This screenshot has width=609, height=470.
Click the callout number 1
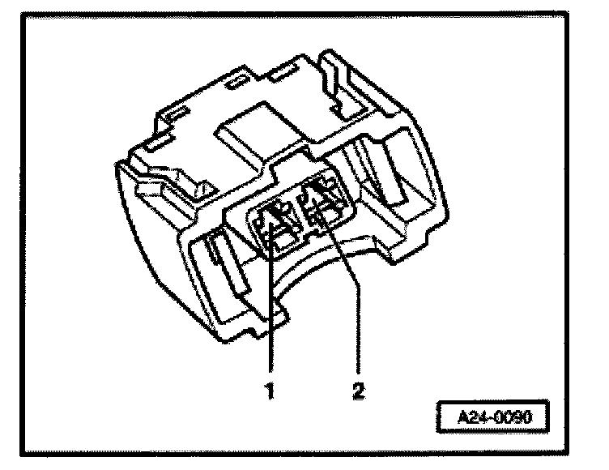270,391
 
